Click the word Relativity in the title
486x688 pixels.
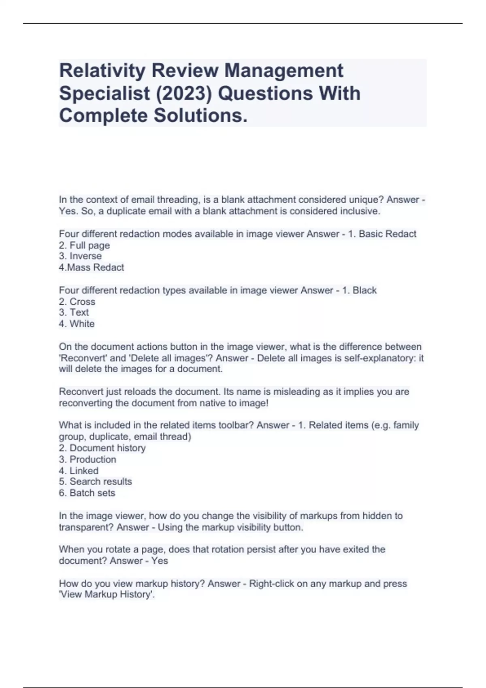click(102, 71)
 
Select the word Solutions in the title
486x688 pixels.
click(200, 116)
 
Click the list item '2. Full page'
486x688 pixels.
click(84, 245)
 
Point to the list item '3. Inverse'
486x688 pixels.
click(80, 256)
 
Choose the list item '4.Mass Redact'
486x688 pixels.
click(92, 268)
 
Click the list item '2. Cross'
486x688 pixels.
click(77, 302)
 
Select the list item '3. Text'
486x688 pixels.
click(74, 312)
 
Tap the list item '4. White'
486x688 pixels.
click(77, 324)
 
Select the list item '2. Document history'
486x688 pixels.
click(102, 448)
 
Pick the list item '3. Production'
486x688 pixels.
click(87, 459)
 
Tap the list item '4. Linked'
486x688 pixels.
click(79, 471)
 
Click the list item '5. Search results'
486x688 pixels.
click(96, 482)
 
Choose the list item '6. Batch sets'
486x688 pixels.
click(87, 493)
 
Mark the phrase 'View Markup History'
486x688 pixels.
click(107, 595)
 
